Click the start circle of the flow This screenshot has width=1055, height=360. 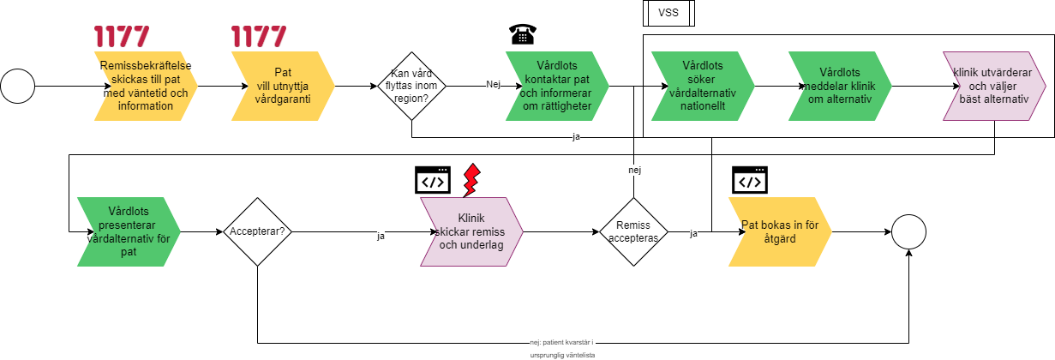point(17,86)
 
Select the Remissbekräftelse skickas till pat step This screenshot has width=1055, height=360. point(143,86)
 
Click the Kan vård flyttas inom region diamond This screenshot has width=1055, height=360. point(411,86)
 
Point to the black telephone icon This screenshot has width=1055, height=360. point(522,35)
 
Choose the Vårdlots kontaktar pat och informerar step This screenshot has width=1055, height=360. point(555,86)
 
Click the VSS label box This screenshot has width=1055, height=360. point(668,13)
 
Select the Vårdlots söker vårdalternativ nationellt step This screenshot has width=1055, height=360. point(701,86)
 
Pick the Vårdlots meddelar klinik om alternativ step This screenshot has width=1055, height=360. point(838,86)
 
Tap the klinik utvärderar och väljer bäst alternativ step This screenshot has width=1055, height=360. point(993,86)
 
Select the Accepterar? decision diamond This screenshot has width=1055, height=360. point(257,231)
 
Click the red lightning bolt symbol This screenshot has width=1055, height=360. point(471,181)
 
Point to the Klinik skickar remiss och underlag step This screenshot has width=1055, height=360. point(471,231)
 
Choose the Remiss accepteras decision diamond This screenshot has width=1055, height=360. point(633,231)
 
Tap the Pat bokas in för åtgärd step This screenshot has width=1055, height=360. point(778,231)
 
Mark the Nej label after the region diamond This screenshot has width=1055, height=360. point(493,85)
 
